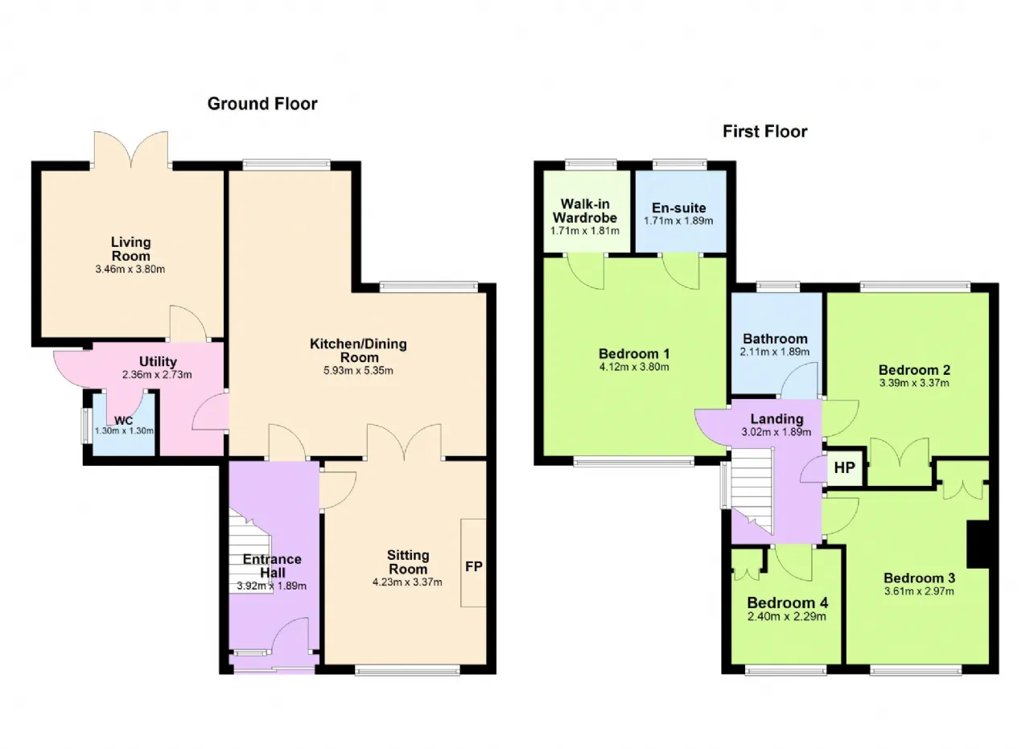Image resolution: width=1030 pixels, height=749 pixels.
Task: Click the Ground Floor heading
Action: [x=262, y=104]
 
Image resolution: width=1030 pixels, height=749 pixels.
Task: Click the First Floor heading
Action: [x=764, y=131]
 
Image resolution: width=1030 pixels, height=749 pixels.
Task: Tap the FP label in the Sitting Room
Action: [x=474, y=566]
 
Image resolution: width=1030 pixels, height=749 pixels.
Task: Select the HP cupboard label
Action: [x=845, y=467]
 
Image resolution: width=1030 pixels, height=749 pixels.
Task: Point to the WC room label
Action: [x=123, y=420]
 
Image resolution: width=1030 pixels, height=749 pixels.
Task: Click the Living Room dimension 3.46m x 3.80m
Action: [x=130, y=269]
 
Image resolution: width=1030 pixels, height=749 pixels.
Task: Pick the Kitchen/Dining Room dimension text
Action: [x=358, y=371]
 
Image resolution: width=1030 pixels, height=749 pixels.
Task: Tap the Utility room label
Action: [x=158, y=361]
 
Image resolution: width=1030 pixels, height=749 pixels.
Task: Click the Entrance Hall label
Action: [x=272, y=566]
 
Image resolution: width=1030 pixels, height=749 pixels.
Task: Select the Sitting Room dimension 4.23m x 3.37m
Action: [x=407, y=582]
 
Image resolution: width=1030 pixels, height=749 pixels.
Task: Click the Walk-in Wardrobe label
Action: [x=585, y=211]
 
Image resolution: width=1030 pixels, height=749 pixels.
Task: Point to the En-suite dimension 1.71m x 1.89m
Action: [x=678, y=220]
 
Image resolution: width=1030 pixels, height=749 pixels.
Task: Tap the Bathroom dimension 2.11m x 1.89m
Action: [x=775, y=352]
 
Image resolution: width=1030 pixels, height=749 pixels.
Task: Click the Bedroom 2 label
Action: [x=914, y=369]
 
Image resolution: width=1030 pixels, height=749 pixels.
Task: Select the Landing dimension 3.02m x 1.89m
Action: [x=777, y=432]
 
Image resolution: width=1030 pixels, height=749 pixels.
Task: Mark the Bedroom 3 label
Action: [x=919, y=578]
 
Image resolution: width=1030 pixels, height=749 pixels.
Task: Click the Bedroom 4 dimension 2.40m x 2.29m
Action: [x=787, y=616]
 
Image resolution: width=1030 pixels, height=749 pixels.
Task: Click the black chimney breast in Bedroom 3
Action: [x=978, y=544]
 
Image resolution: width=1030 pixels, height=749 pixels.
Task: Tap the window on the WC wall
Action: [x=86, y=426]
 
